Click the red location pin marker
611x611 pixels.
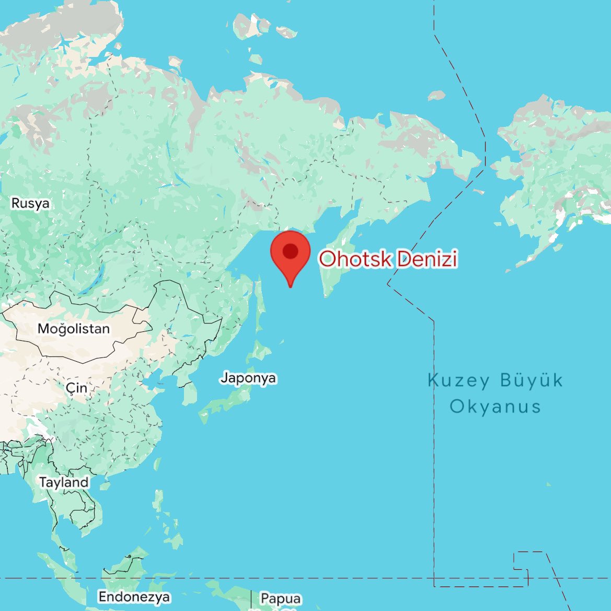(290, 256)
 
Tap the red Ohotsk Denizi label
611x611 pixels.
(388, 259)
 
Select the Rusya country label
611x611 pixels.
(30, 203)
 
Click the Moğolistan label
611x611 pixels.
(74, 329)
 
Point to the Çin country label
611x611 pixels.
(76, 388)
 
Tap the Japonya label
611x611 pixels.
(248, 377)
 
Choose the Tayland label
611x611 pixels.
(64, 482)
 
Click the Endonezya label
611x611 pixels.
(134, 597)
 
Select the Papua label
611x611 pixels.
(281, 598)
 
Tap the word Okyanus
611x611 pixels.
(495, 406)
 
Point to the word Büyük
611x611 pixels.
(532, 380)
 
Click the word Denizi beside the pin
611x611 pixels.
(426, 259)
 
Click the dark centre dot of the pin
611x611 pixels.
(290, 251)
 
